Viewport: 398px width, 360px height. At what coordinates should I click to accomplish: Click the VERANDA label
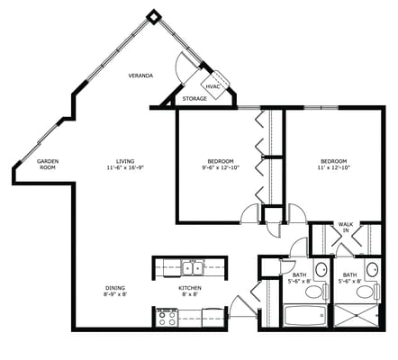[x=140, y=76]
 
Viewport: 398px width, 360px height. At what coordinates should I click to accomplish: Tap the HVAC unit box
[x=213, y=86]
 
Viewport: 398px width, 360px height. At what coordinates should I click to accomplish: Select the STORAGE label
[x=194, y=98]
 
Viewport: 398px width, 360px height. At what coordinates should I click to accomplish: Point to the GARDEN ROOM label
[x=47, y=165]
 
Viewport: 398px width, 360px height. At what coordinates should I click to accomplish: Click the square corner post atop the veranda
[x=154, y=15]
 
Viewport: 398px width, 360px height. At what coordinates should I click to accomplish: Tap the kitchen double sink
[x=192, y=267]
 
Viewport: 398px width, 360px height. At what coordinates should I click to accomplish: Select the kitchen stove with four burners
[x=166, y=316]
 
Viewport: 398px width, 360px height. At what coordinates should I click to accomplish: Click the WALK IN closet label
[x=345, y=228]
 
